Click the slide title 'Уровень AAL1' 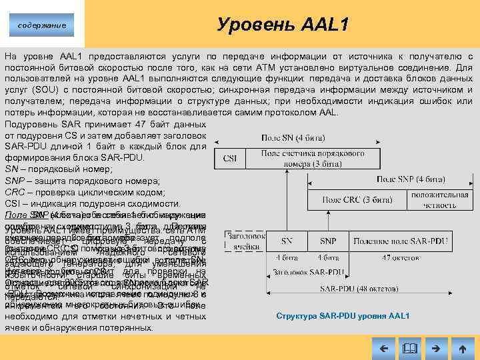point(283,25)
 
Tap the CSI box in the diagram point(229,158)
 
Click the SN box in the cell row point(286,241)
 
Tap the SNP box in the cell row point(327,241)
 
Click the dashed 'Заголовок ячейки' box point(243,241)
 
